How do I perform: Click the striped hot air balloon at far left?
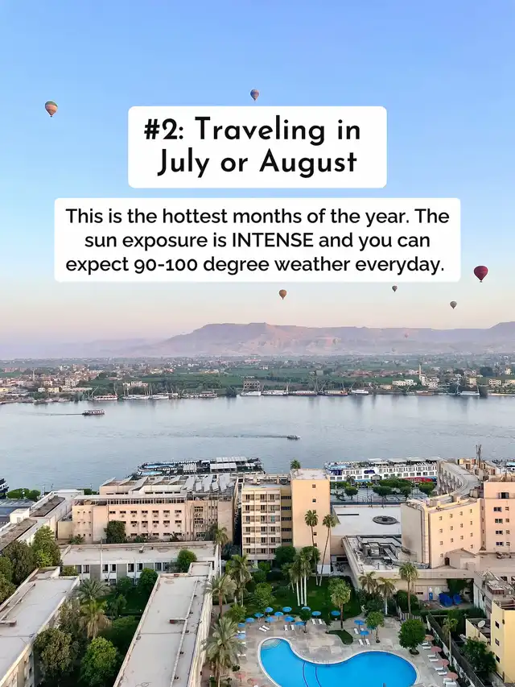[51, 108]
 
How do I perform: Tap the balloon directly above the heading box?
[254, 95]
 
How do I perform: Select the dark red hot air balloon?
[481, 273]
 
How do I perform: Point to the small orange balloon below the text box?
[283, 294]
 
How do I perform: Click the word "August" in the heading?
[308, 163]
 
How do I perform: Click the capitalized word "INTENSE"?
[273, 240]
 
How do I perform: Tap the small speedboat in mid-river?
[294, 437]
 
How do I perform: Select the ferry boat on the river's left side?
[93, 412]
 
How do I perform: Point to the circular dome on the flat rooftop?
[385, 520]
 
